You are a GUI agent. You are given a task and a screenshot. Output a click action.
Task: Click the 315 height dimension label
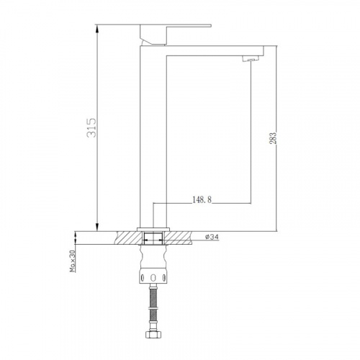click(91, 127)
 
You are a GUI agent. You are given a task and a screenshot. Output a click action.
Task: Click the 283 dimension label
click(274, 138)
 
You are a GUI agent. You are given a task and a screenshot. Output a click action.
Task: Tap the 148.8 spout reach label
click(202, 199)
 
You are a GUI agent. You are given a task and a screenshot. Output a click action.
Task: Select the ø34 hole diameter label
click(212, 237)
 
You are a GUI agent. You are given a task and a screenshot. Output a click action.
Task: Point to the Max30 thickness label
click(73, 261)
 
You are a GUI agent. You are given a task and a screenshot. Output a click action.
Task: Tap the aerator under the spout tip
click(251, 59)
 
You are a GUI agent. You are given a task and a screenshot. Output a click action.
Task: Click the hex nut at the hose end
click(153, 334)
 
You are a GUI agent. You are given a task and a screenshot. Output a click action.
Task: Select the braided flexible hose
click(153, 307)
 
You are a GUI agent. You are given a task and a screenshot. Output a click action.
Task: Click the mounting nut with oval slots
click(153, 278)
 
